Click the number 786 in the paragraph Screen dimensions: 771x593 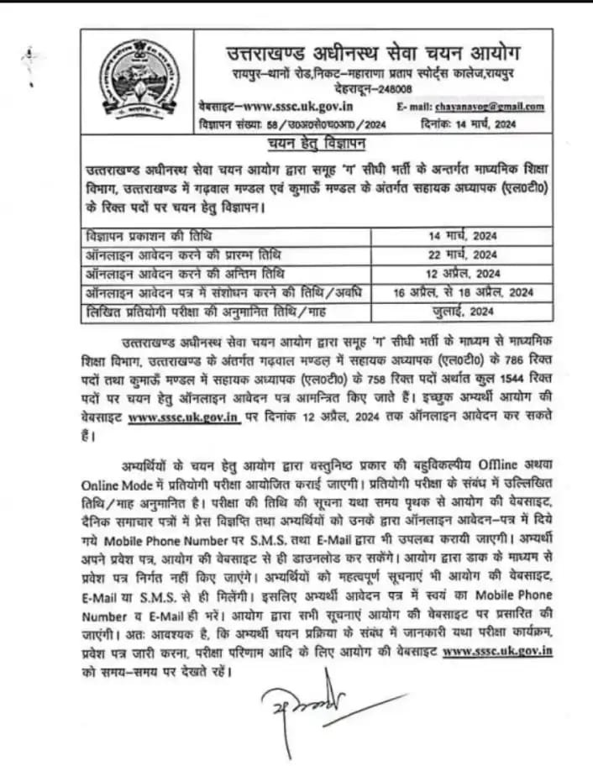coord(485,362)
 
